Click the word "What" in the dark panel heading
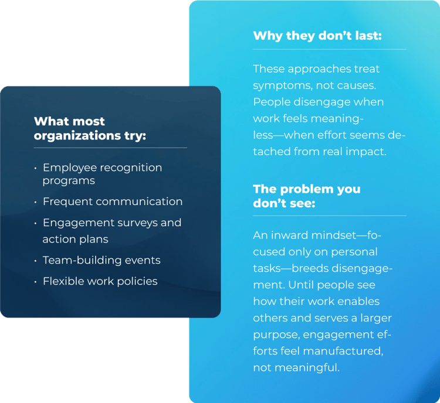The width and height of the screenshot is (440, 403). (48, 122)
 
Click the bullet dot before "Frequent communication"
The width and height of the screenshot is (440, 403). (35, 202)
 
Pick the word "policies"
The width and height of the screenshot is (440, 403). (137, 281)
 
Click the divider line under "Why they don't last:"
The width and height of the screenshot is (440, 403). (329, 49)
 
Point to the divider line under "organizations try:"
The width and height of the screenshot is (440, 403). (110, 148)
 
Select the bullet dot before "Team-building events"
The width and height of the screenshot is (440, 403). (35, 261)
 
